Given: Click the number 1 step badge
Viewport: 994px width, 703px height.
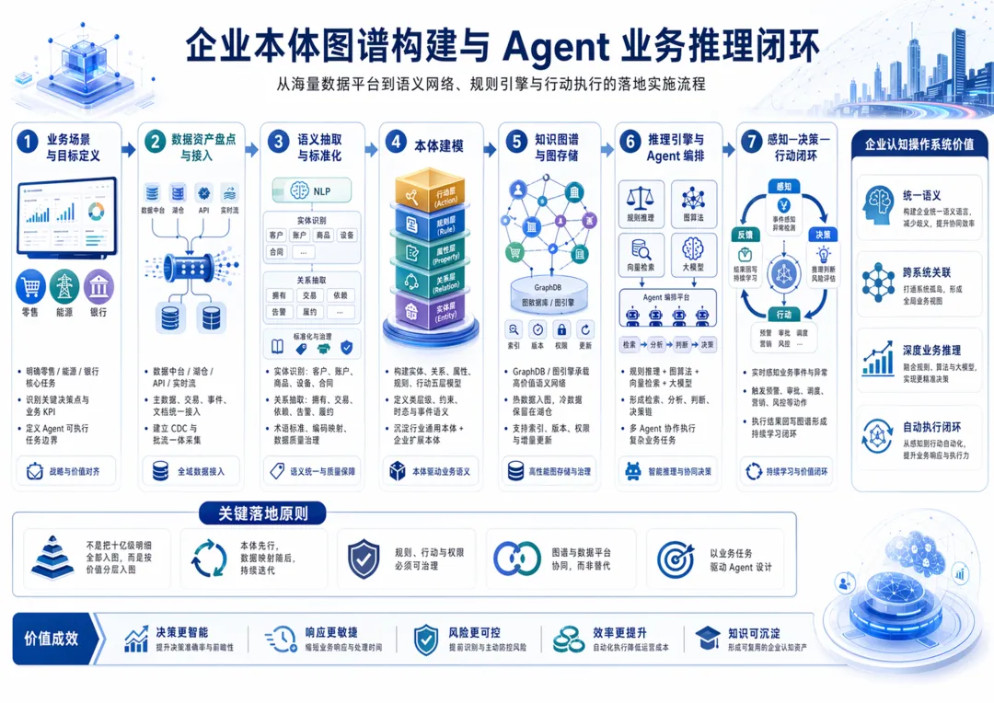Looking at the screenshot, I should coord(28,143).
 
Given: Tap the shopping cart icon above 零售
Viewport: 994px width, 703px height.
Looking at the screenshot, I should coord(30,286).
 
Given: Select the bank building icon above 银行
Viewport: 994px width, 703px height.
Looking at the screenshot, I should coord(98,286).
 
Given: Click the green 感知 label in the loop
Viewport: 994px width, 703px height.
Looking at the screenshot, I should coord(784,186).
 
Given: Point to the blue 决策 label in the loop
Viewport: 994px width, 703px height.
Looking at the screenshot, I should coord(823,234).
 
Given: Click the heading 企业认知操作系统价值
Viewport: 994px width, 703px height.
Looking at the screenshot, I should coord(919,144).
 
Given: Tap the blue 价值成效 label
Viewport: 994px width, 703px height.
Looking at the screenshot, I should coord(52,639).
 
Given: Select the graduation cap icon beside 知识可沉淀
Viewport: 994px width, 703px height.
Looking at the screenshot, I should coord(708,638).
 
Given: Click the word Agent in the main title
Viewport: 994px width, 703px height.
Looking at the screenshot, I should coord(557,44).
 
